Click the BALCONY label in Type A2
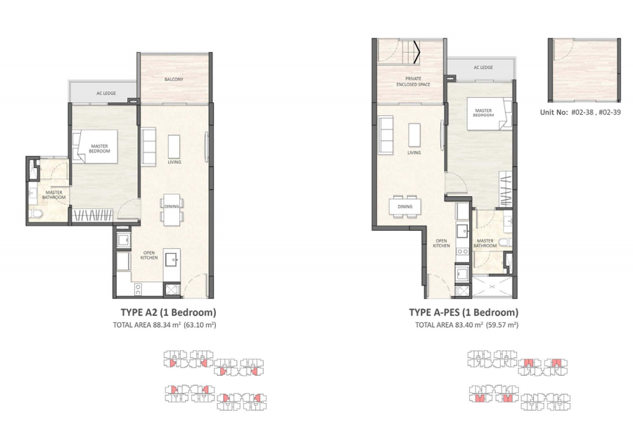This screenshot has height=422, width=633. pyautogui.click(x=174, y=79)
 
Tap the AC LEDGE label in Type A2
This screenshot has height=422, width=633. pyautogui.click(x=106, y=93)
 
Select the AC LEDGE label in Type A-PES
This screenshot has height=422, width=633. pyautogui.click(x=483, y=68)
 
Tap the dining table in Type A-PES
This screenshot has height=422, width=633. pyautogui.click(x=404, y=207)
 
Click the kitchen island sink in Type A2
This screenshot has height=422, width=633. pyautogui.click(x=172, y=259)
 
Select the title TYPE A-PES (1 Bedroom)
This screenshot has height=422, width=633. pyautogui.click(x=463, y=312)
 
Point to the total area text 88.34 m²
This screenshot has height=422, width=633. pyautogui.click(x=164, y=326)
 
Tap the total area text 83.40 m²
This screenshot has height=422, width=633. pyautogui.click(x=466, y=326)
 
